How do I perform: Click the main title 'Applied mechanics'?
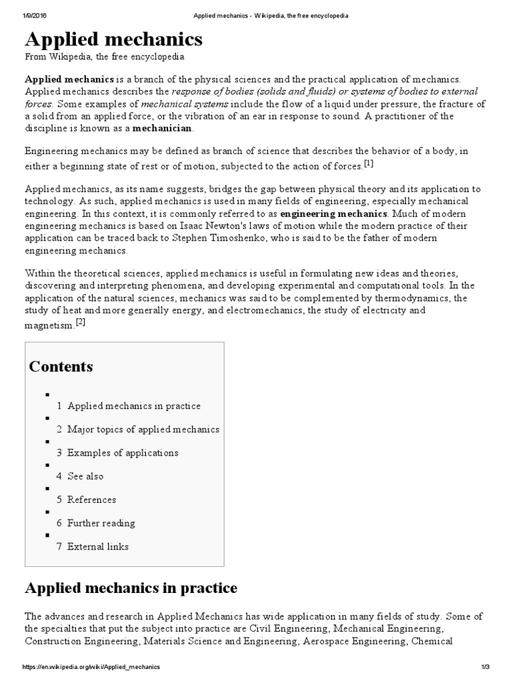click(113, 39)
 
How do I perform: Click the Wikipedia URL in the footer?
click(91, 667)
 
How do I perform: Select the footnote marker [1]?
click(369, 163)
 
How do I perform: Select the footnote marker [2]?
click(81, 322)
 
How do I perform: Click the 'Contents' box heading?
click(61, 366)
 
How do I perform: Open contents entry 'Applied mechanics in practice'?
click(133, 406)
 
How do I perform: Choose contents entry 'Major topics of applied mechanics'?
click(143, 429)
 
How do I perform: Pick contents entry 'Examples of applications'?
click(123, 452)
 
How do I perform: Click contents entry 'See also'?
click(85, 476)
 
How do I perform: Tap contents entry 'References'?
click(91, 500)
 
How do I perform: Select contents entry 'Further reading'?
click(101, 523)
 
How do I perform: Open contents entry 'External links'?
click(98, 546)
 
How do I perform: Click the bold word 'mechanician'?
click(162, 127)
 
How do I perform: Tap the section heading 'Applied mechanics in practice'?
click(131, 588)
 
